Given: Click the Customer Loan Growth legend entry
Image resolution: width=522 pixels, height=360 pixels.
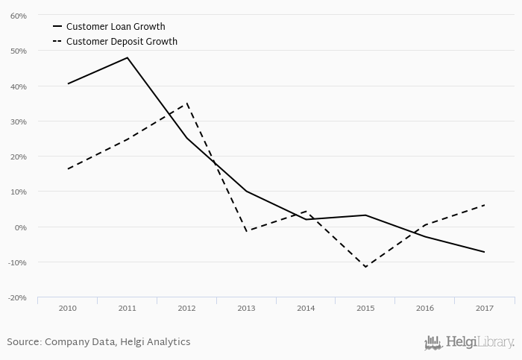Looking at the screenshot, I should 115,27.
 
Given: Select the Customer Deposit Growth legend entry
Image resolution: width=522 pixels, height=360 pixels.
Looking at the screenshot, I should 122,42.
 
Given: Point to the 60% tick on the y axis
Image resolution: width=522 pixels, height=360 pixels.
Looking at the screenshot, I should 19,16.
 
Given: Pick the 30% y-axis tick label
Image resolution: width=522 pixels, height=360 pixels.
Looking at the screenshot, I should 19,121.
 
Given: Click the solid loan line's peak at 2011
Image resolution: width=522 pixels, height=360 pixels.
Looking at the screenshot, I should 128,57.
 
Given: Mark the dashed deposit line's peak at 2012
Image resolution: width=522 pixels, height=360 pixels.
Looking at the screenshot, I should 186,104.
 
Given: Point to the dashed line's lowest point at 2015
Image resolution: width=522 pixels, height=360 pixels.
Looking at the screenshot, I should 365,267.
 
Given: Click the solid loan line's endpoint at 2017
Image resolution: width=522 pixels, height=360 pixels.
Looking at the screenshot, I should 485,252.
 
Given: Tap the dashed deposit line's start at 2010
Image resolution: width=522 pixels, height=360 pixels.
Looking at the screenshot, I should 67,169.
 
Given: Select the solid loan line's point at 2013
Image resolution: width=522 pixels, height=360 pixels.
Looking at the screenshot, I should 246,192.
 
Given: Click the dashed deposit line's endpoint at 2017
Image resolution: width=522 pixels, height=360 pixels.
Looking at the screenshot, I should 485,205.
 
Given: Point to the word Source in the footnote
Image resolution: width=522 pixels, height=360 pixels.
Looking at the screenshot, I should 23,342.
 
